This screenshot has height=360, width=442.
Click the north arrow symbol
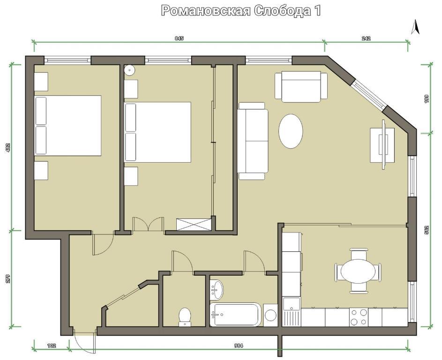(415, 27)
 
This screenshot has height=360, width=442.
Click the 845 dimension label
(179, 38)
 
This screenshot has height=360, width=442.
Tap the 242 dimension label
(366, 38)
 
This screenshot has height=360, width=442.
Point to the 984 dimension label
(239, 345)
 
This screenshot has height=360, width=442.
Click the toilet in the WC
(185, 317)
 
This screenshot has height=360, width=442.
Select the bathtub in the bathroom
(236, 315)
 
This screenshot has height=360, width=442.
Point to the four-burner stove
(359, 317)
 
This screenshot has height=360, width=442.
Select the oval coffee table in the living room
(291, 131)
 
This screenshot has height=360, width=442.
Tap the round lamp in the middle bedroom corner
(130, 70)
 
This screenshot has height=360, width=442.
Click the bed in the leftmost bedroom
(67, 126)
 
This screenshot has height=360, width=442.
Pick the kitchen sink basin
(292, 303)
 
